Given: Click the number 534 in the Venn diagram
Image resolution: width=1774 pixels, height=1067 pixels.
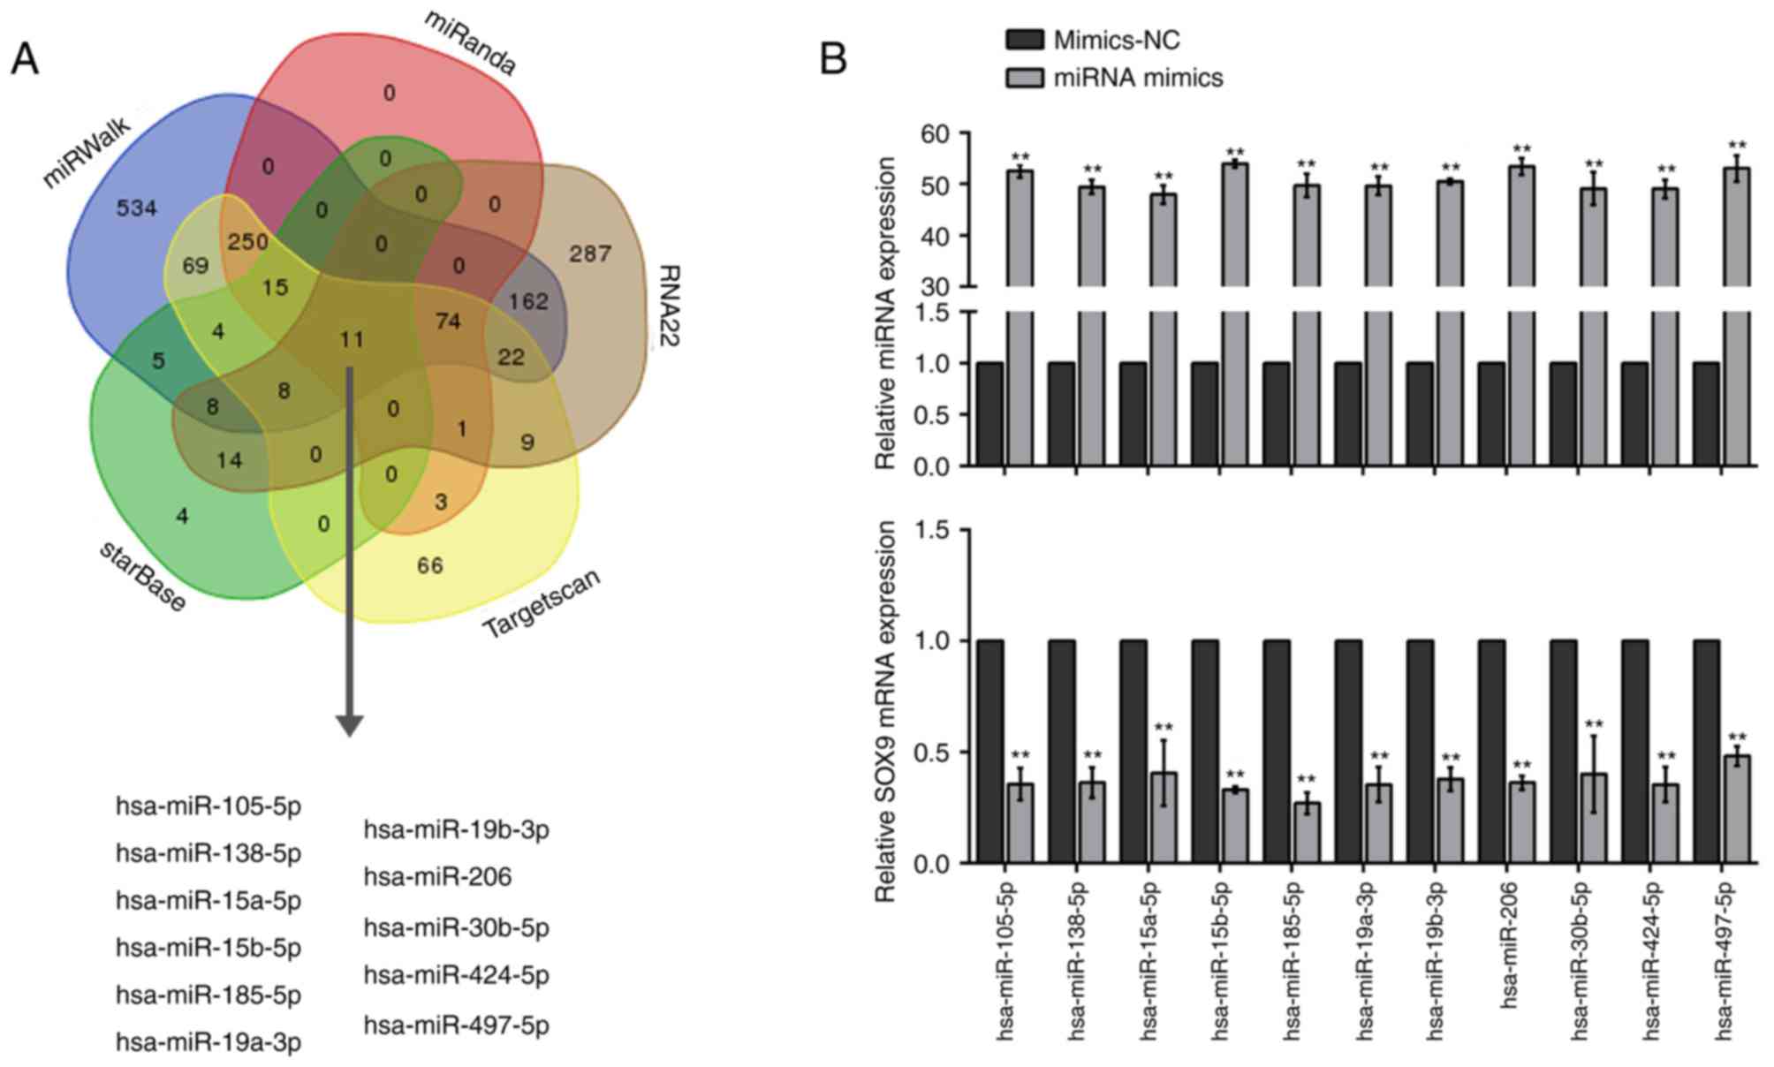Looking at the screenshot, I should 137,208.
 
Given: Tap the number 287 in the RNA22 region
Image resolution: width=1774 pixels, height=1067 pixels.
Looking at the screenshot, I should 590,254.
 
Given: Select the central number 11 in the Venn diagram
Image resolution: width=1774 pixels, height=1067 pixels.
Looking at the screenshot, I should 352,339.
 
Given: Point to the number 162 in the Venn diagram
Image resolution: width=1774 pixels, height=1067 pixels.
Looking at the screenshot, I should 528,301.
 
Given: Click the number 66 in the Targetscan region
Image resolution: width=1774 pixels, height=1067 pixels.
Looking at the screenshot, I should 430,565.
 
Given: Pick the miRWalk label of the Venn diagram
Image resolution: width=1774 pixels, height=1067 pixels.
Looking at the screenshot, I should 87,152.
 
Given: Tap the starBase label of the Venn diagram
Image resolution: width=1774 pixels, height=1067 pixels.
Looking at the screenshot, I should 142,576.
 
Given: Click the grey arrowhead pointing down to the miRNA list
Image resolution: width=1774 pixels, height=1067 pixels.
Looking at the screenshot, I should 350,723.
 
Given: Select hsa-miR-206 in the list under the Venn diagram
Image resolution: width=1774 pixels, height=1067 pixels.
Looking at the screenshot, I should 437,877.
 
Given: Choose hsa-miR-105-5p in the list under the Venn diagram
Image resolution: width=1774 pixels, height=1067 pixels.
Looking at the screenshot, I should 208,806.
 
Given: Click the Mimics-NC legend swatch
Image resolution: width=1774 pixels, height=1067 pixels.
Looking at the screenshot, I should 1025,40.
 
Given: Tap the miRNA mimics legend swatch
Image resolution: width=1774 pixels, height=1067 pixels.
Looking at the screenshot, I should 1025,78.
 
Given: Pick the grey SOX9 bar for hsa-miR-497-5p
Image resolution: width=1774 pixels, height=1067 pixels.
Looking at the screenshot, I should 1736,809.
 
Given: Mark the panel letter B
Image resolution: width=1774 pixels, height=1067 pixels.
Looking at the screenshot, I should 833,60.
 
